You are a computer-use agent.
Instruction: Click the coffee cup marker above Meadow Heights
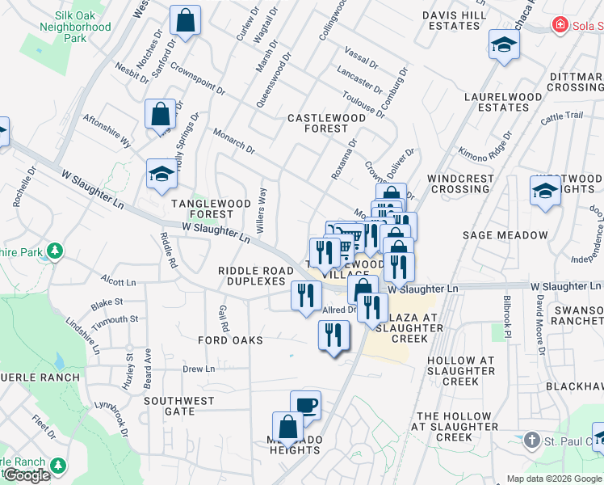coord(305,404)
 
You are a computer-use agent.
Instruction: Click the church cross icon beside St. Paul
coord(531,441)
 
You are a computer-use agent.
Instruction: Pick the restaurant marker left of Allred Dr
coord(305,295)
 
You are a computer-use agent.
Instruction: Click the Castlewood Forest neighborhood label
coord(327,123)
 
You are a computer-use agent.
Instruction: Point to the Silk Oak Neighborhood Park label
coord(75,27)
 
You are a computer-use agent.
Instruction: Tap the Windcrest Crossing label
coord(459,183)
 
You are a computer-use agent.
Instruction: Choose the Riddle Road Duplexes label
coord(252,276)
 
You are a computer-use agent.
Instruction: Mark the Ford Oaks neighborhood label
coord(230,340)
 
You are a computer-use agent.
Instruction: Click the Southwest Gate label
coord(179,406)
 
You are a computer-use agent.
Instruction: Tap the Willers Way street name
coord(261,211)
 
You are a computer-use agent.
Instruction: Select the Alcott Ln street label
coord(118,282)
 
